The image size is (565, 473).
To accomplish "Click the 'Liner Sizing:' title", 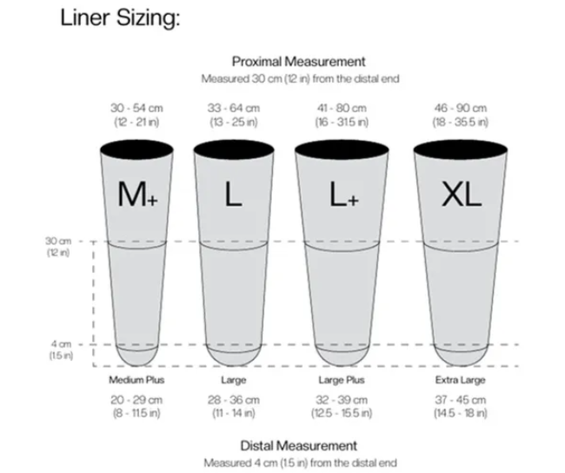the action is pos(120,18).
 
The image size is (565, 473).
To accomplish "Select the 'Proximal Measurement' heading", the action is pos(299,62).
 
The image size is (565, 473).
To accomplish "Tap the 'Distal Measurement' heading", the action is pos(299,446).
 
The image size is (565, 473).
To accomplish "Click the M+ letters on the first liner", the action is pos(138,194).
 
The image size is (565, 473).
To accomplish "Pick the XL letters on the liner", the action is pos(462,194).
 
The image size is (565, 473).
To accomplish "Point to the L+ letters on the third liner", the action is pos(344,194).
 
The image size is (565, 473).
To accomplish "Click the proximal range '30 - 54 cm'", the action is pos(136,108).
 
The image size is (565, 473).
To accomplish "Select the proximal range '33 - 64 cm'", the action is pos(234,108).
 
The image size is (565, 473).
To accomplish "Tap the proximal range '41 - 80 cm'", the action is pos(342,108).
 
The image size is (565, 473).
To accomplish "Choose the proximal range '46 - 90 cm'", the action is pos(461,108).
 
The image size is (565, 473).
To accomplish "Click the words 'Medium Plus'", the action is pos(136,380).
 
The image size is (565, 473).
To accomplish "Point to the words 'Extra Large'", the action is pos(461,380).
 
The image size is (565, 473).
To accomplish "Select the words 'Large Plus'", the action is pos(342,380).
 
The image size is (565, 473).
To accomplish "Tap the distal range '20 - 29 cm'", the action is pos(136,400).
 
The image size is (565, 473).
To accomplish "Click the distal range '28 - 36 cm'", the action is pos(234,400).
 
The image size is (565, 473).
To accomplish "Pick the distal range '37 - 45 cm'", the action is pos(461,400).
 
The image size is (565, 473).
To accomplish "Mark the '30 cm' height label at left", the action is pos(58,241).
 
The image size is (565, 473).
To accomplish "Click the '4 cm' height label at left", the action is pos(61,344).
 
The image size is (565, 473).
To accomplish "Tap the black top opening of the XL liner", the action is pos(461,150).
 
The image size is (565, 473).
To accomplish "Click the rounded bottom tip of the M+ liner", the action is pos(137,365).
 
